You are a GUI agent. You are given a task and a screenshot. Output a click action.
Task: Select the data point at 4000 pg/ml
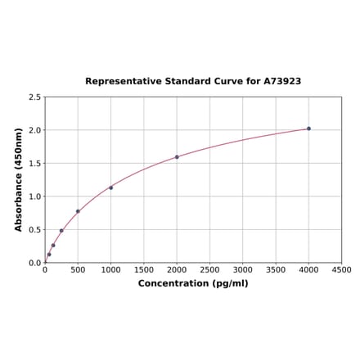point(308,129)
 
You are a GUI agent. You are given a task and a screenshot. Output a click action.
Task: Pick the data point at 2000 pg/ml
point(177,157)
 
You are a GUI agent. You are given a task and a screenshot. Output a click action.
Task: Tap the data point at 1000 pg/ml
point(111,187)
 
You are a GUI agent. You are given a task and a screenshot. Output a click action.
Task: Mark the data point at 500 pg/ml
point(78,211)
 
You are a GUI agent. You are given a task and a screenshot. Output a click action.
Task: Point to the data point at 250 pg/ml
point(61,231)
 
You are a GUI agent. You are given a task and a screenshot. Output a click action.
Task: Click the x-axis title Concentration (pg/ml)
point(193,283)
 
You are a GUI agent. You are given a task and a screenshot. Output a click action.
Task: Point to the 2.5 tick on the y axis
point(35,97)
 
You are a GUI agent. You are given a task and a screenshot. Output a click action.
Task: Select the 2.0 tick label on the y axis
point(35,130)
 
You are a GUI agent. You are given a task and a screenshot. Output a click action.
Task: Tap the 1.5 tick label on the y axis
point(35,164)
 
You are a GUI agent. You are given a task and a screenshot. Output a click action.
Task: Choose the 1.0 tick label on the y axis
point(35,196)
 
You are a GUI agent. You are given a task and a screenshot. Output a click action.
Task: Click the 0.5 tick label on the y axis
point(35,230)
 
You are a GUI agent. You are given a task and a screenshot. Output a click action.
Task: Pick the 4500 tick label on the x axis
point(342,269)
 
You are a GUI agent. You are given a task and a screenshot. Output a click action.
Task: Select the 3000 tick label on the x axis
point(243,269)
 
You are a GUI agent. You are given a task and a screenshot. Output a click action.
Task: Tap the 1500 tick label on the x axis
point(144,269)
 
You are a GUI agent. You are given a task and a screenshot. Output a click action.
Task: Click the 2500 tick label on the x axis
point(209,269)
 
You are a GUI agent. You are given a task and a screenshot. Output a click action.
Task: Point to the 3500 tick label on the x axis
point(276,269)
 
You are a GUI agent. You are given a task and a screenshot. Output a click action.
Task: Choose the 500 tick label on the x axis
point(78,269)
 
